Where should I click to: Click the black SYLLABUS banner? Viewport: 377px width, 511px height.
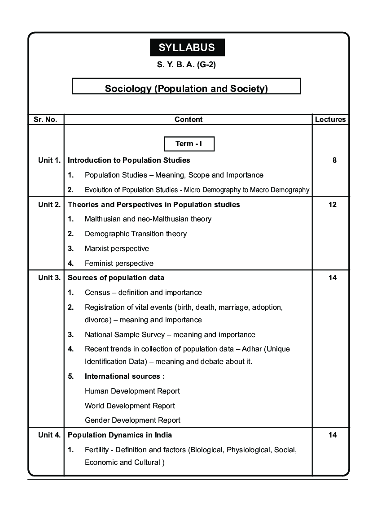click(x=187, y=48)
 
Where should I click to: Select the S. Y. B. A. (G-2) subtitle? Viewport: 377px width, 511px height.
click(x=187, y=65)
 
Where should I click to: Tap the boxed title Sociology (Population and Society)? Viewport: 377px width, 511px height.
click(x=186, y=88)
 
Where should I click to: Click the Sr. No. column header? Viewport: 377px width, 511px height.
click(x=45, y=120)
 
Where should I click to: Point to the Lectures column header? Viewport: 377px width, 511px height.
click(x=330, y=120)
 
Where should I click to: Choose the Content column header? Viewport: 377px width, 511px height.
click(x=188, y=120)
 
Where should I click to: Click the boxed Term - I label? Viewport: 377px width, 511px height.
click(x=189, y=144)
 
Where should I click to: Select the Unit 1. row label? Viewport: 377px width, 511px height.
click(x=49, y=160)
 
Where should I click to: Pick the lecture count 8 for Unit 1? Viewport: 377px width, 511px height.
click(x=334, y=160)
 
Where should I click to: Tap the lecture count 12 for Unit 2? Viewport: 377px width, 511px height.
click(x=333, y=204)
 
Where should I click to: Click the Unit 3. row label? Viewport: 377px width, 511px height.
click(x=49, y=277)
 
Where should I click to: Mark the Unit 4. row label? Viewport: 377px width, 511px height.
click(x=49, y=435)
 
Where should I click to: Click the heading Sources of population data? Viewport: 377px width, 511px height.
click(x=116, y=277)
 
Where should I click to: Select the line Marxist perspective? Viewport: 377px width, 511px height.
click(x=117, y=248)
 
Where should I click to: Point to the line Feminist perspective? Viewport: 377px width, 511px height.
click(x=119, y=263)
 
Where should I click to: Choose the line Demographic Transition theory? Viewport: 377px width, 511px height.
click(x=136, y=234)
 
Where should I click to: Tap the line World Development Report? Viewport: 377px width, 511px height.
click(x=130, y=406)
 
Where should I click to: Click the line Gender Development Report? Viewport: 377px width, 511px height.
click(x=132, y=420)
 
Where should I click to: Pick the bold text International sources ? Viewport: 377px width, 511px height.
click(x=125, y=376)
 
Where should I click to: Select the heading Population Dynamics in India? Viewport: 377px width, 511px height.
click(x=120, y=435)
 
